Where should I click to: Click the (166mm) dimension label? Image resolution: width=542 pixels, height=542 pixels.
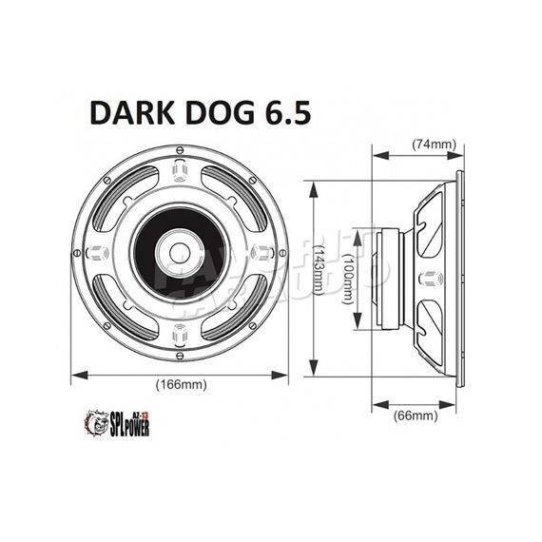pyautogui.click(x=180, y=384)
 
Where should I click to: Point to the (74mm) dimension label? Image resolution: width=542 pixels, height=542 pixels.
pyautogui.click(x=435, y=145)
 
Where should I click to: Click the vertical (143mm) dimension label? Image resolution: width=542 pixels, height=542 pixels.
pyautogui.click(x=321, y=276)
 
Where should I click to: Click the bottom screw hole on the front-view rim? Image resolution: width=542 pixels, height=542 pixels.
pyautogui.click(x=180, y=337)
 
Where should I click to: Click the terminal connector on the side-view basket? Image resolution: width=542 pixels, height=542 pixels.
pyautogui.click(x=427, y=279)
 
